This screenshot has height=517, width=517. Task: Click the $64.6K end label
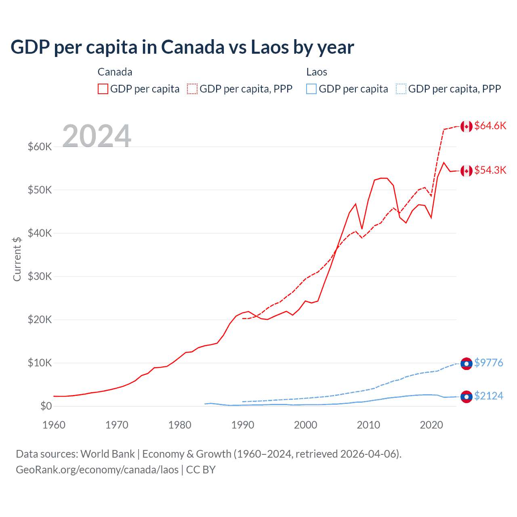[x=490, y=126]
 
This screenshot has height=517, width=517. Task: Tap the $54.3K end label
[x=490, y=170]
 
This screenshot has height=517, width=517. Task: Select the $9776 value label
[x=488, y=363]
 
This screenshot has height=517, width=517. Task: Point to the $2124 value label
[x=488, y=396]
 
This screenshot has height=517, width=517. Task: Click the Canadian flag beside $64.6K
[x=467, y=126]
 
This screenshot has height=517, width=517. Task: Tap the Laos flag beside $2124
[x=467, y=397]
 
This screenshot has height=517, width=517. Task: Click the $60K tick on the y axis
[x=40, y=147]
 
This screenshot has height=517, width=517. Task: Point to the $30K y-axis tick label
[x=40, y=277]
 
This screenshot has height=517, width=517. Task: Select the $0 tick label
[x=46, y=406]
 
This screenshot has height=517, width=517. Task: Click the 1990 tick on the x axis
[x=243, y=425]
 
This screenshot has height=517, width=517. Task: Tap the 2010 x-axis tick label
[x=368, y=425]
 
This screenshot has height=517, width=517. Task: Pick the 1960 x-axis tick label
[x=54, y=425]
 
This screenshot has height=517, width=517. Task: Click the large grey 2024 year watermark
[x=97, y=136]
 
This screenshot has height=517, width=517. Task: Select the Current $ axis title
[x=17, y=259]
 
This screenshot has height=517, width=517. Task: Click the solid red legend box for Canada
[x=103, y=89]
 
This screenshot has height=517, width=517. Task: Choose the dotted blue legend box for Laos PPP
[x=401, y=89]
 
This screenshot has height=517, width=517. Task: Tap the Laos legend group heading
[x=317, y=72]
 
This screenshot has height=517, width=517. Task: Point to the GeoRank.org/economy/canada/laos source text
[x=97, y=470]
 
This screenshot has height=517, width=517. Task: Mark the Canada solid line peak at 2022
[x=444, y=162]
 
